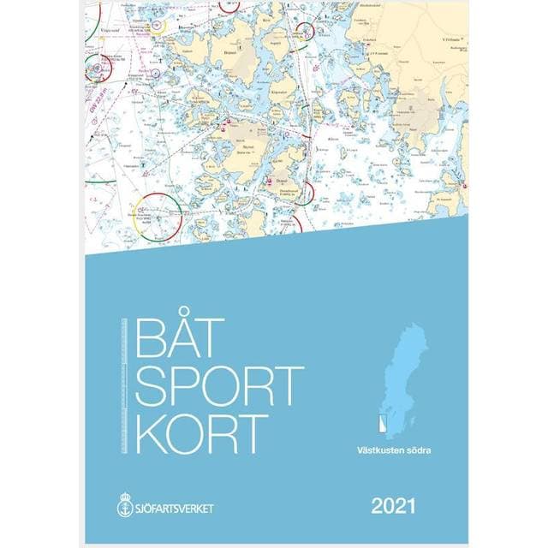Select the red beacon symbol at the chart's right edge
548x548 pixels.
[x=463, y=184]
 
